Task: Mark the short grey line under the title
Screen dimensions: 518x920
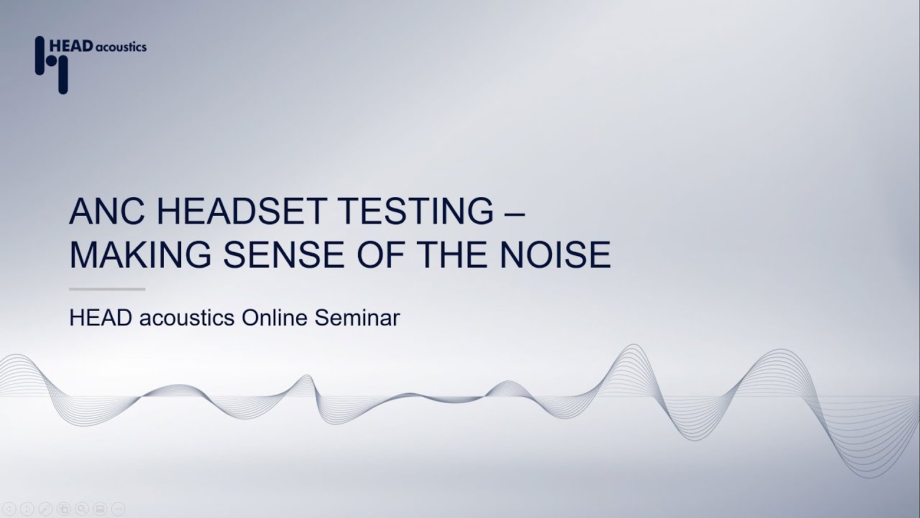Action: [x=107, y=289]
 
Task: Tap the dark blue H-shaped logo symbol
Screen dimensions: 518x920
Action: [x=51, y=64]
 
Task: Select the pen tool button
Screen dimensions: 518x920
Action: [x=45, y=509]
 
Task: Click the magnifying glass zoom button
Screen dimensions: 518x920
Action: [x=81, y=509]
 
